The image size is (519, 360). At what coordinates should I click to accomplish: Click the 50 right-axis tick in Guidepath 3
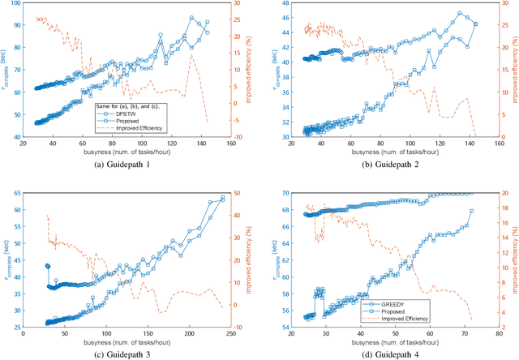point(241,192)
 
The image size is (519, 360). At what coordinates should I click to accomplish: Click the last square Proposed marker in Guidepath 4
point(471,211)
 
